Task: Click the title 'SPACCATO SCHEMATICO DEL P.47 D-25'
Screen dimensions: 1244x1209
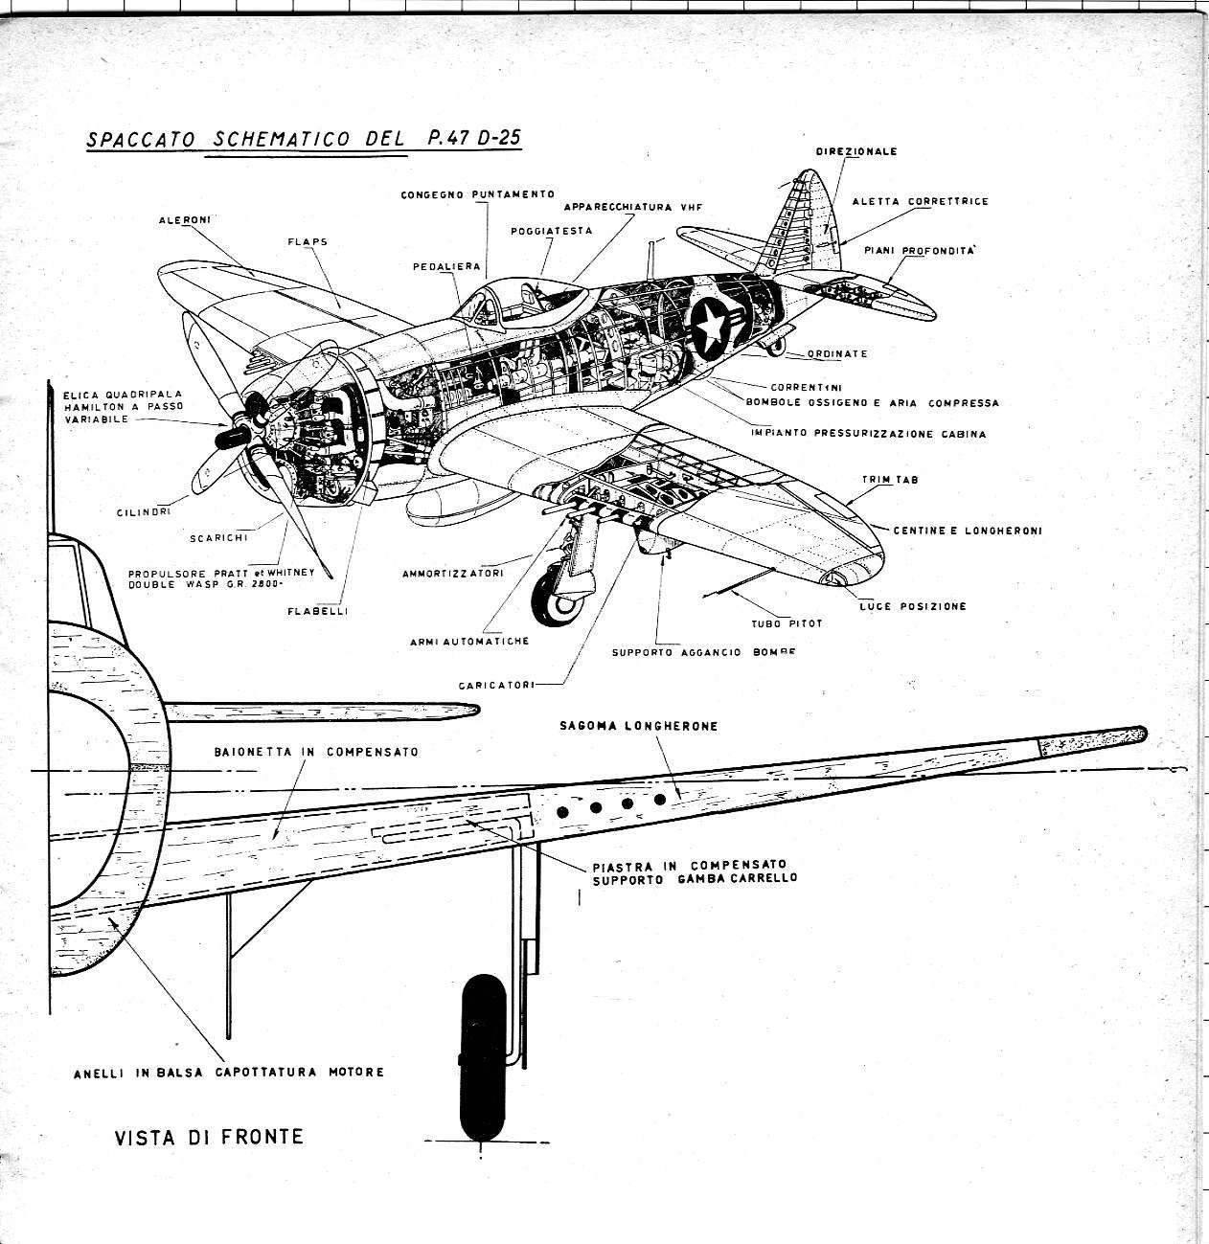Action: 304,138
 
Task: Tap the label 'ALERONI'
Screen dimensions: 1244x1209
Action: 185,220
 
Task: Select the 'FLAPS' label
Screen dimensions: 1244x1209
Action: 308,242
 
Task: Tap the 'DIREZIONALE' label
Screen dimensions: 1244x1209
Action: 856,151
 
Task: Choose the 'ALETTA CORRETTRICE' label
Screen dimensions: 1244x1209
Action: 920,202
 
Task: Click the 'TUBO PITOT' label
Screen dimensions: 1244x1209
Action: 787,623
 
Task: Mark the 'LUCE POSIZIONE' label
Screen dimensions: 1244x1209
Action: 912,606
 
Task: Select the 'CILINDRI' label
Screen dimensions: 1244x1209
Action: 144,512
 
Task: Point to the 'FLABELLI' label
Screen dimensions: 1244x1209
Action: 317,611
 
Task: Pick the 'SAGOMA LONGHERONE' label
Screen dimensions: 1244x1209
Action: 638,726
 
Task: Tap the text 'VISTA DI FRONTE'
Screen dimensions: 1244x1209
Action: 209,1138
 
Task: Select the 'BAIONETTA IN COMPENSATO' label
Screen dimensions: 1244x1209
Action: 316,752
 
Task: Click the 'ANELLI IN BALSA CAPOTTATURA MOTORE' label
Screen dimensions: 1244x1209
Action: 229,1073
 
